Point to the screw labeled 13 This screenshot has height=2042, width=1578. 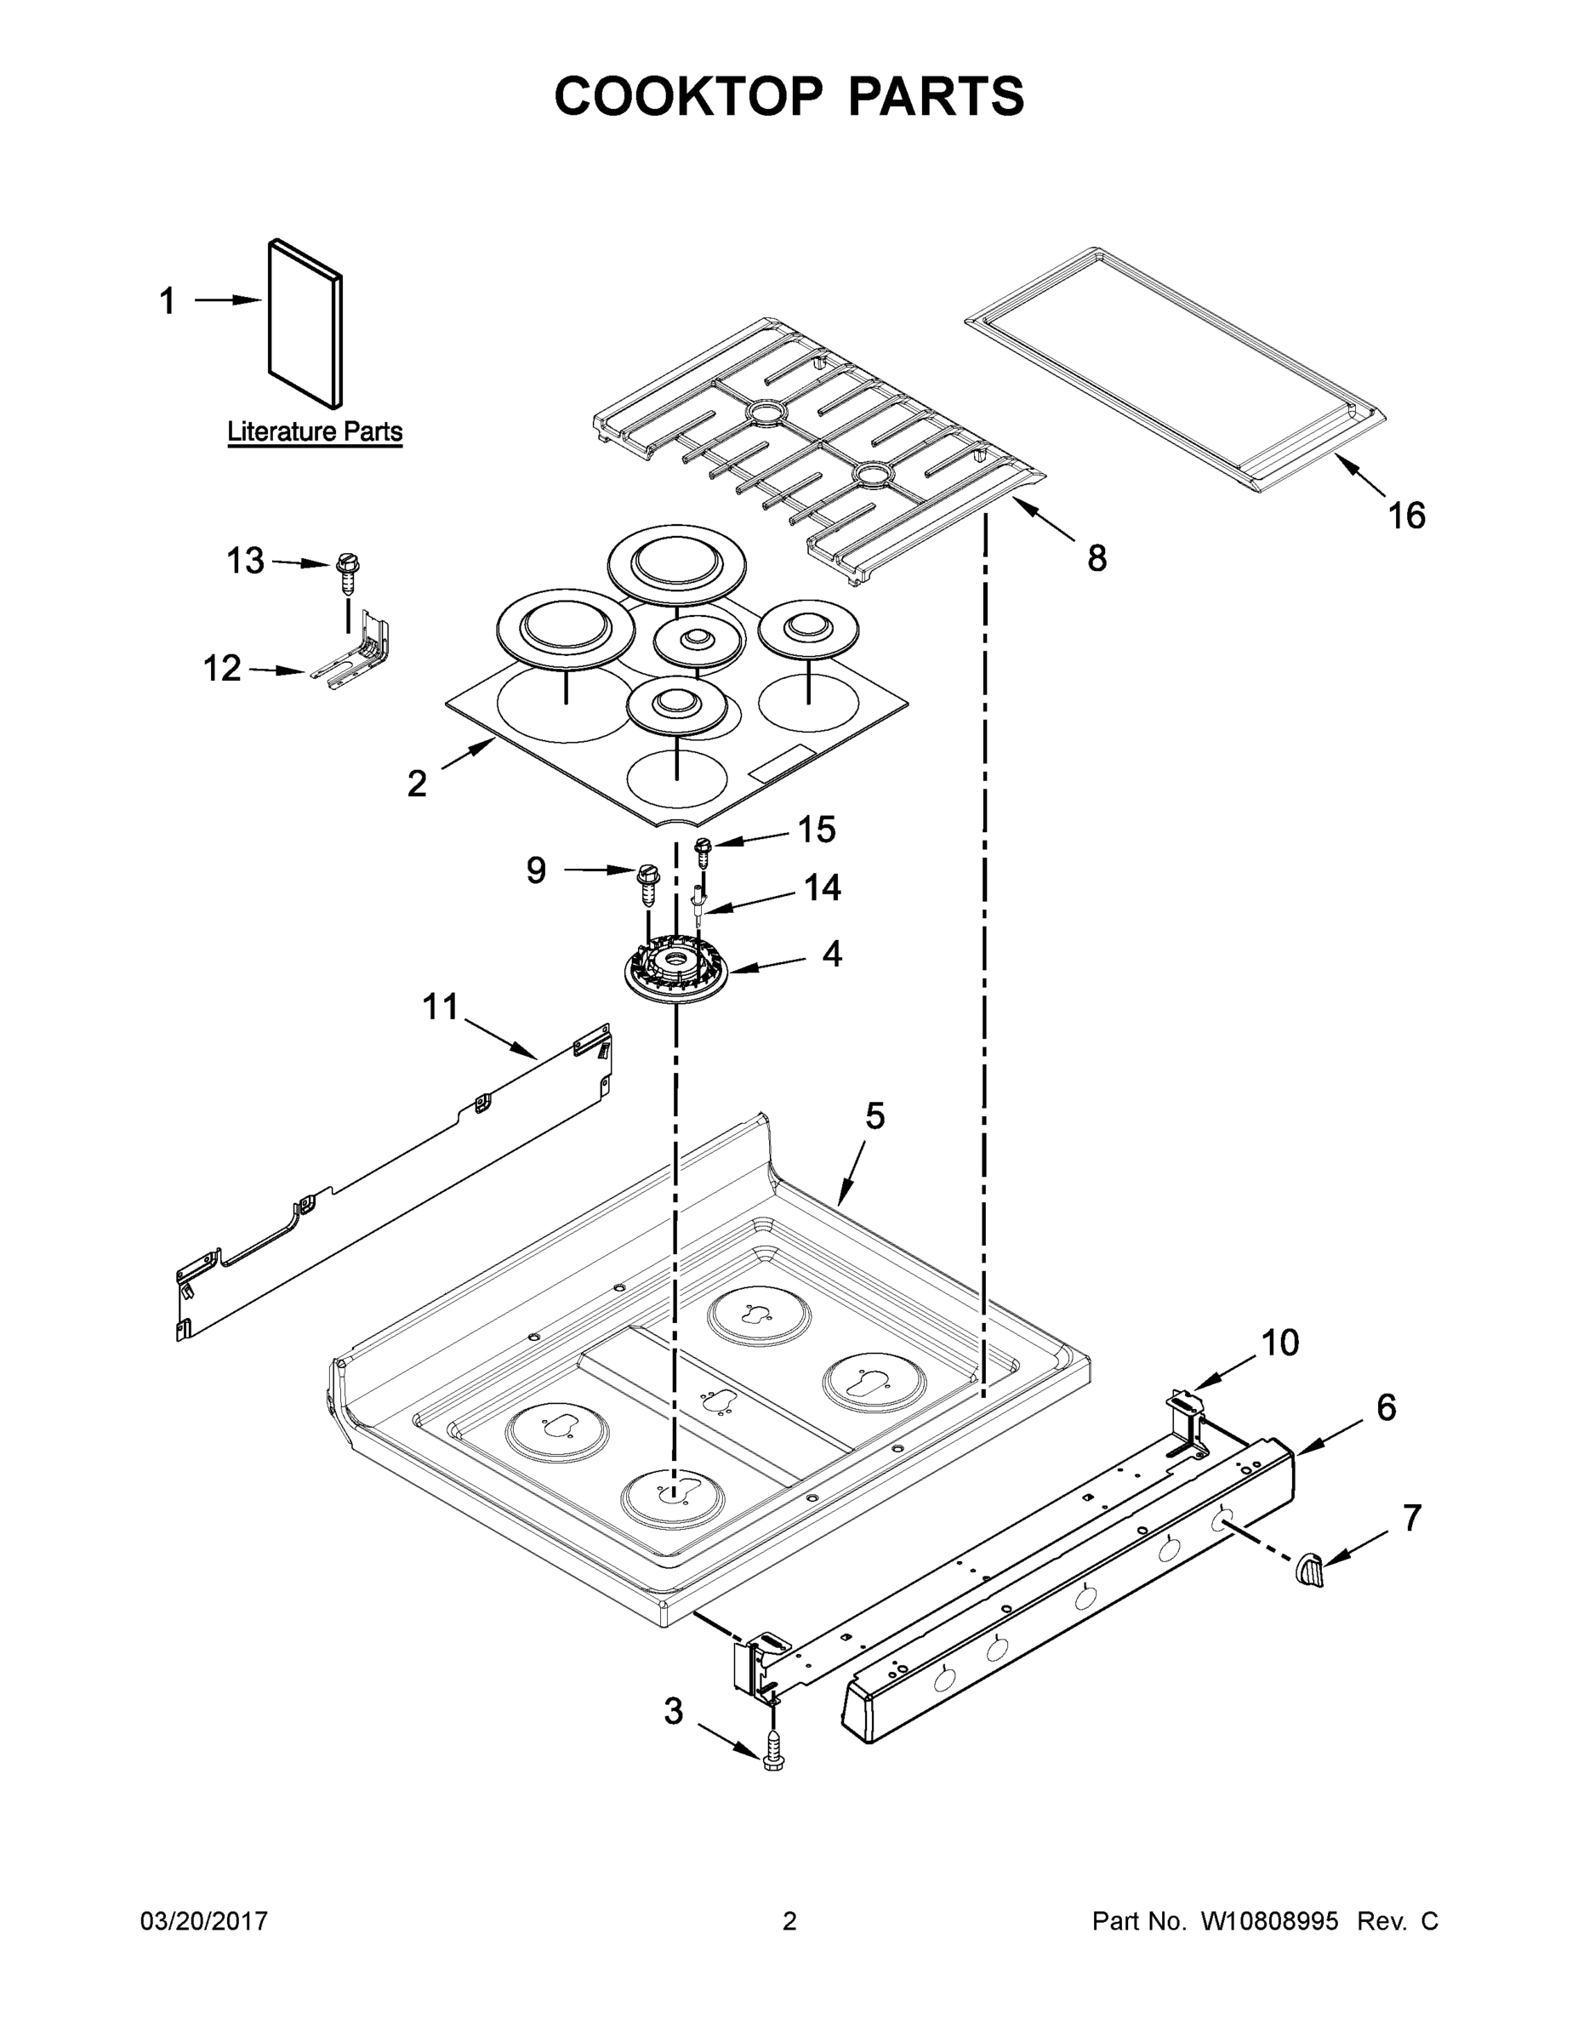point(348,573)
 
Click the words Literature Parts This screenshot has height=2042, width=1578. point(315,432)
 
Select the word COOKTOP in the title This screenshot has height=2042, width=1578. point(689,96)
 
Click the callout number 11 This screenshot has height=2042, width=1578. point(441,1007)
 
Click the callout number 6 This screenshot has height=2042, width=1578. point(1386,1406)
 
